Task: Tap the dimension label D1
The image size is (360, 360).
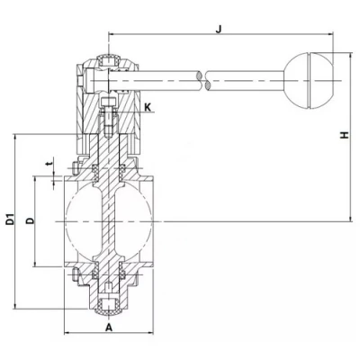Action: [9, 220]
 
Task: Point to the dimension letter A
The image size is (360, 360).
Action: [108, 328]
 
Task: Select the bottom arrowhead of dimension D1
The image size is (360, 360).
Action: [17, 303]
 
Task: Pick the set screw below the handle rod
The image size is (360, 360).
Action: [109, 116]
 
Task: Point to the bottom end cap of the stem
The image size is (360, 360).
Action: [109, 303]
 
